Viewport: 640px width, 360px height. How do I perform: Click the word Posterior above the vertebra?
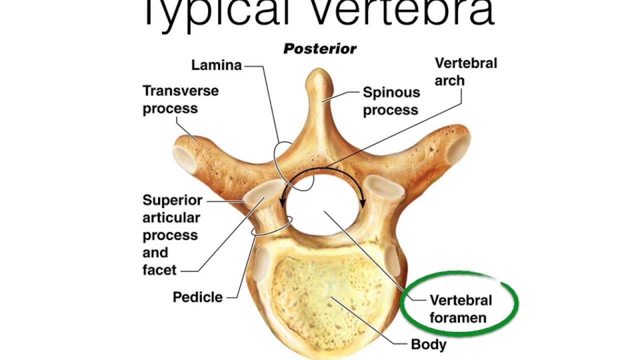(x=320, y=49)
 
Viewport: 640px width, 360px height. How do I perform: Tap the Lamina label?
(x=216, y=65)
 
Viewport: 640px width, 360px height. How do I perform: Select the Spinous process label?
(x=391, y=100)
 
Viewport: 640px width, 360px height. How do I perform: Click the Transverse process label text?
(x=180, y=99)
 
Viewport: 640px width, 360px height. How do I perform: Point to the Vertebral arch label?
(x=466, y=72)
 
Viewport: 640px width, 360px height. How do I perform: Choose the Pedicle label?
(x=197, y=297)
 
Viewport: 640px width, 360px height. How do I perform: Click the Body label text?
(x=428, y=344)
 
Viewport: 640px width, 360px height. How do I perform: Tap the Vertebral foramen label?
(x=460, y=308)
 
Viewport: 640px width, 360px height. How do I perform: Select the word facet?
(x=159, y=270)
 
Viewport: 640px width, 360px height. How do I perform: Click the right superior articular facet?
(x=384, y=189)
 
